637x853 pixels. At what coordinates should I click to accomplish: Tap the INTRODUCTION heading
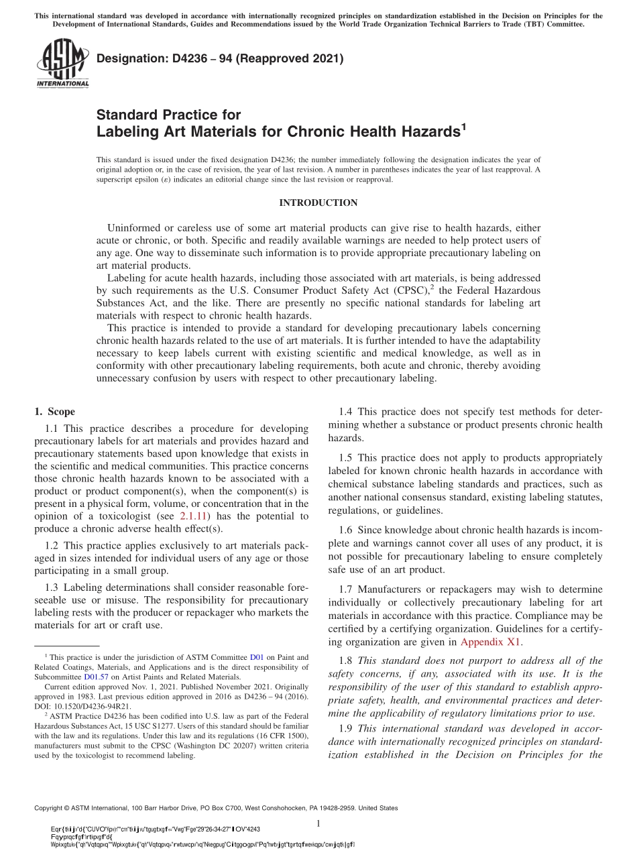coord(318,203)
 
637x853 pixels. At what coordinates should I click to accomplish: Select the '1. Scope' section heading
coord(54,412)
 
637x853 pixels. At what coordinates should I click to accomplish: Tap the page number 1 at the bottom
coord(318,823)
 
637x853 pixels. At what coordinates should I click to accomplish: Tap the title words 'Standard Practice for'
coord(168,115)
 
